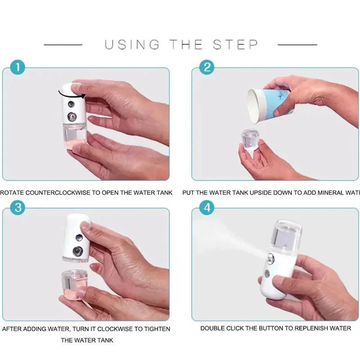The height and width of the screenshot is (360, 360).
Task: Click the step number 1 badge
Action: point(17,68)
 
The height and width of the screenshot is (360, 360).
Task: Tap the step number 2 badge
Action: point(207,68)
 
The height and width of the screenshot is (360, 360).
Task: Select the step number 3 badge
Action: point(17,208)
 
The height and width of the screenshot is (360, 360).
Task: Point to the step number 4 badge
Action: point(207,208)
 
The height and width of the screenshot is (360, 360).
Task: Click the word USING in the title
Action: point(132,45)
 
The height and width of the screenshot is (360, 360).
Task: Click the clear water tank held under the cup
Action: point(250,139)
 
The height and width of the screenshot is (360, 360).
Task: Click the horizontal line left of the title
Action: point(63,45)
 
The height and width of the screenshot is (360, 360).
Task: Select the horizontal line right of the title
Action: point(297,45)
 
